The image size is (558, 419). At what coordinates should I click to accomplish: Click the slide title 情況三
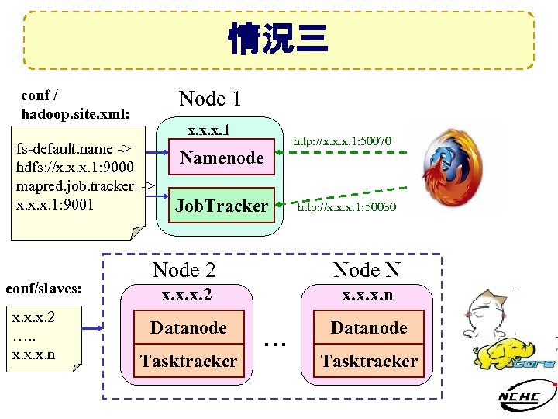click(278, 39)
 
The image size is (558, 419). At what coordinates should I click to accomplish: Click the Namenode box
click(222, 158)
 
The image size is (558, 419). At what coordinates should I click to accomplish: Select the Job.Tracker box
click(222, 206)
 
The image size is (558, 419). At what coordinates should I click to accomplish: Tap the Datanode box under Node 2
click(188, 327)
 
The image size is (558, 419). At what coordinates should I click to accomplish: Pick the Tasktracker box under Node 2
click(188, 361)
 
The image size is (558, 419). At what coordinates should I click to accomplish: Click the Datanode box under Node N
click(368, 327)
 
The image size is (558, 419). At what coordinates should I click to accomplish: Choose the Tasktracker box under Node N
click(368, 361)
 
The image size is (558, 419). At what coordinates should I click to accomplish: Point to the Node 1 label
click(210, 99)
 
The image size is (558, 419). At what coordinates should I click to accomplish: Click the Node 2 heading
click(184, 270)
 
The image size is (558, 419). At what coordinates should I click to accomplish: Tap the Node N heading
click(367, 270)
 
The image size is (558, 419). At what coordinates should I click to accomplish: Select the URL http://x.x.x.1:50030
click(346, 207)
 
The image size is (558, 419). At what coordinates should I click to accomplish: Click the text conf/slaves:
click(43, 289)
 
